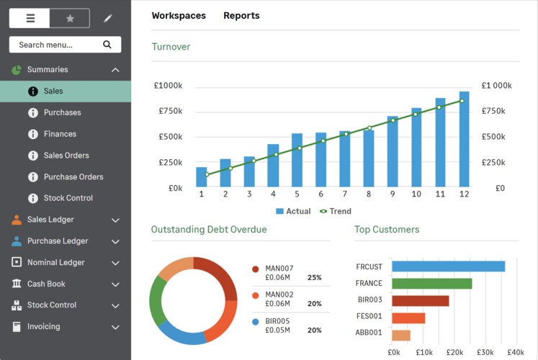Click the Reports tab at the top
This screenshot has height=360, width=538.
[241, 16]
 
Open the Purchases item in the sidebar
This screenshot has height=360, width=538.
[62, 112]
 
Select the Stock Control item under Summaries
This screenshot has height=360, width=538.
[68, 198]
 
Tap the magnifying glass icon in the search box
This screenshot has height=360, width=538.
[107, 45]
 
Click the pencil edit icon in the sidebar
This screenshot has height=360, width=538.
[108, 18]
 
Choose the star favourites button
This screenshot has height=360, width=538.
[70, 18]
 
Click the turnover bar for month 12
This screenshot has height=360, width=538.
[464, 139]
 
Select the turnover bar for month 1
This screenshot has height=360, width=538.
[202, 177]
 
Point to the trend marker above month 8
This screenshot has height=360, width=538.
[369, 128]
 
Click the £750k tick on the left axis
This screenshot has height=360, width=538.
[171, 111]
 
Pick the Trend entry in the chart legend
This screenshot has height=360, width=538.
[335, 211]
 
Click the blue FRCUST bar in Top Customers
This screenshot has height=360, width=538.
[449, 266]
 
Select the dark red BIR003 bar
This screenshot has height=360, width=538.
[421, 301]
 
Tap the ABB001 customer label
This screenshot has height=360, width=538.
[369, 332]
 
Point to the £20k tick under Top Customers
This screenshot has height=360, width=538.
[454, 352]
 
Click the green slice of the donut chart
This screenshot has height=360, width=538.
[156, 301]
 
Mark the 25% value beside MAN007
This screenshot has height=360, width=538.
[314, 277]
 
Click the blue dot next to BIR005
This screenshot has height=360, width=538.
[255, 322]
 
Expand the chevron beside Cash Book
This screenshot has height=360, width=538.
[116, 284]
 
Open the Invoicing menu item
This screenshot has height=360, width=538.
[44, 326]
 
